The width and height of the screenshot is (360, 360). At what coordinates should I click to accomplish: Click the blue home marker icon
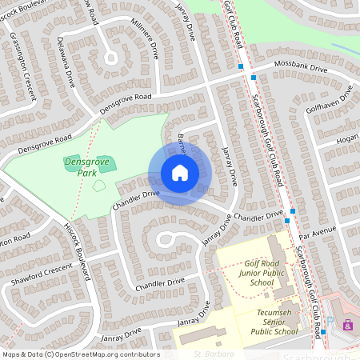click(x=179, y=173)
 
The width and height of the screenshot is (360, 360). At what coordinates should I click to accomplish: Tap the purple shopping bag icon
click(x=348, y=325)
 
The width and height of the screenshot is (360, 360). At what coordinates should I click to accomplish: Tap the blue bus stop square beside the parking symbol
click(x=323, y=331)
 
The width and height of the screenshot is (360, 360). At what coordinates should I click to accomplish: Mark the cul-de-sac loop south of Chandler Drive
click(x=166, y=238)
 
